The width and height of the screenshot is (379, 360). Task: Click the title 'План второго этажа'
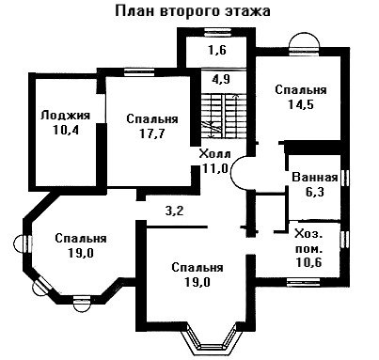click(193, 11)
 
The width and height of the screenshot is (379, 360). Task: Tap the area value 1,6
click(217, 50)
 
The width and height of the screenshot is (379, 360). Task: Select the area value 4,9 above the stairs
click(221, 79)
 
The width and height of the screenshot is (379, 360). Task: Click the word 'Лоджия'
click(65, 116)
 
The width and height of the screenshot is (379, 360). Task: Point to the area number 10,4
click(66, 130)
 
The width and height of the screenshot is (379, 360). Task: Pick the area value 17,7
click(152, 133)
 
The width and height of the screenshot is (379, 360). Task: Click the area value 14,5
click(301, 104)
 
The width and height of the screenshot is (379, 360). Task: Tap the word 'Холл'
click(215, 154)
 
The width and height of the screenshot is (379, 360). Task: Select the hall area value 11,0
click(214, 168)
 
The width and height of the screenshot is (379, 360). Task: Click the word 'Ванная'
click(315, 178)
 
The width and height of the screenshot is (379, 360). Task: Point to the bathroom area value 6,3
click(315, 192)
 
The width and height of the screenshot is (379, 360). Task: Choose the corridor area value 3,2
click(174, 211)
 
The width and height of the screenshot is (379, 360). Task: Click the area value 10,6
click(308, 262)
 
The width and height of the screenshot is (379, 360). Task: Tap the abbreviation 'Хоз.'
click(308, 234)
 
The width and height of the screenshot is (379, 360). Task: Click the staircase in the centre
click(223, 115)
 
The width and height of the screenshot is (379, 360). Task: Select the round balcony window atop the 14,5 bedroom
click(304, 42)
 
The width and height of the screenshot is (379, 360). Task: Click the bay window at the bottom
click(212, 341)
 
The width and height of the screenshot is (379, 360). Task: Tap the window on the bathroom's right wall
click(345, 179)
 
